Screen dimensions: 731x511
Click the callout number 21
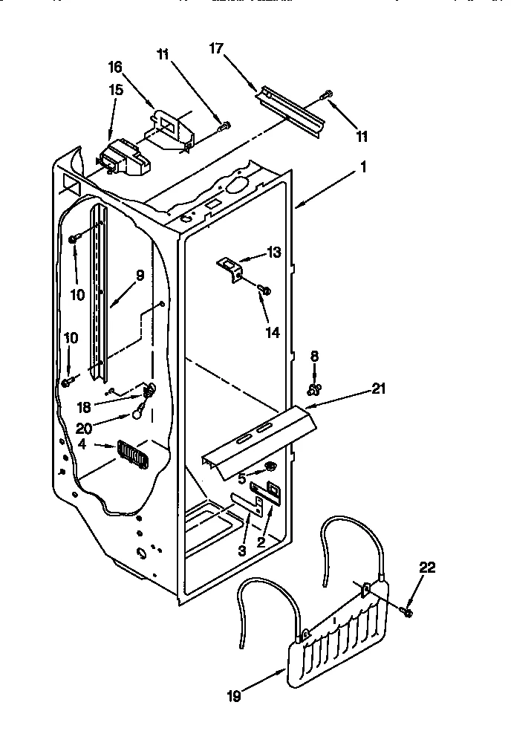378,388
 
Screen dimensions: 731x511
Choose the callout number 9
139,274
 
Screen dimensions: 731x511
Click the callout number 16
116,67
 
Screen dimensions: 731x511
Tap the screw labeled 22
406,610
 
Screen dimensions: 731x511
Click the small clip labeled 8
314,388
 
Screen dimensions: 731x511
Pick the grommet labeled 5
271,467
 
